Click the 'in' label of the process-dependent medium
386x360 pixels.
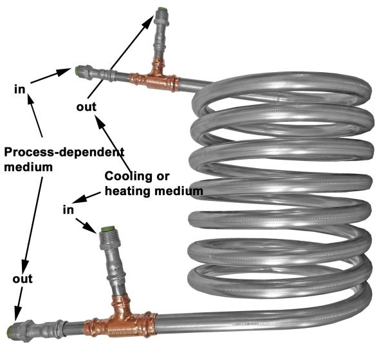coord(20,88)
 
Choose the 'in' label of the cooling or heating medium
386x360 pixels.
coord(68,210)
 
